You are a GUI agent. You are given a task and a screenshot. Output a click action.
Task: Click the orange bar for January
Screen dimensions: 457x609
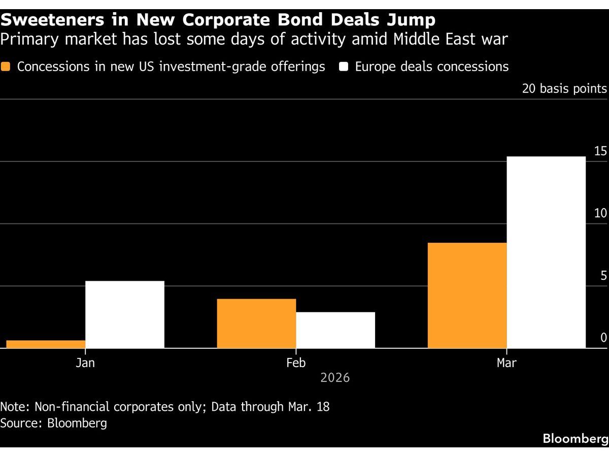click(x=46, y=344)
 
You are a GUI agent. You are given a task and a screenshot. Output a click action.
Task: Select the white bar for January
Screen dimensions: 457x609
click(x=125, y=314)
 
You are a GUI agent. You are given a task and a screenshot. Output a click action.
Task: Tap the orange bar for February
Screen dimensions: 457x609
click(x=256, y=323)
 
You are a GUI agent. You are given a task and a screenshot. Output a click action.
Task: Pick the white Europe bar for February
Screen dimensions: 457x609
click(x=335, y=330)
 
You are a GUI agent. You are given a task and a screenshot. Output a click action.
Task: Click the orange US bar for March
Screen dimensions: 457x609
click(x=467, y=296)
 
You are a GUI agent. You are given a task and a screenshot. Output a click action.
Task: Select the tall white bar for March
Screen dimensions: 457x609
click(x=546, y=252)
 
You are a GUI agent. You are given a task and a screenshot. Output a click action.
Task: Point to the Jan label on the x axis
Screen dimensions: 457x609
click(x=85, y=363)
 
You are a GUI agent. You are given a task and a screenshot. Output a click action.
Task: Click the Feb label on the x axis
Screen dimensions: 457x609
click(x=296, y=363)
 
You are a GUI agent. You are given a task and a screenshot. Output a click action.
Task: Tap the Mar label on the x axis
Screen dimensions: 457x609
click(x=506, y=363)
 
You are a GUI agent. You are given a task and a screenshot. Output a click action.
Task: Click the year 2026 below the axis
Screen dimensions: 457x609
click(x=335, y=378)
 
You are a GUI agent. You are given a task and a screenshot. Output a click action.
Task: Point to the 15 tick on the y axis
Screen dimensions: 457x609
click(x=600, y=151)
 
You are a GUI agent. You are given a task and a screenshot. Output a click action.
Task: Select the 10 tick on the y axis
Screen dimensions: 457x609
click(x=600, y=213)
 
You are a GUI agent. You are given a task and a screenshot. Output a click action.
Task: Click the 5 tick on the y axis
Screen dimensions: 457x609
click(x=603, y=276)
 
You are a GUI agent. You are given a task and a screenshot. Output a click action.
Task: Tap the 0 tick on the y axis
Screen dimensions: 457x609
click(x=603, y=338)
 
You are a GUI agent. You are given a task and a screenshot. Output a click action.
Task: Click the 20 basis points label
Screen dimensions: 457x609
click(x=564, y=89)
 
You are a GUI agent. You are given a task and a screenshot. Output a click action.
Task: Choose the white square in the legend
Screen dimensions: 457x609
click(x=344, y=67)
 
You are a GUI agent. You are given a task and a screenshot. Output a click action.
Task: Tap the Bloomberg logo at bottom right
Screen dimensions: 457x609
click(x=576, y=439)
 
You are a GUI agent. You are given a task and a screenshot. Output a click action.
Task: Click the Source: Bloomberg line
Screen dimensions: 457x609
click(x=54, y=423)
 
